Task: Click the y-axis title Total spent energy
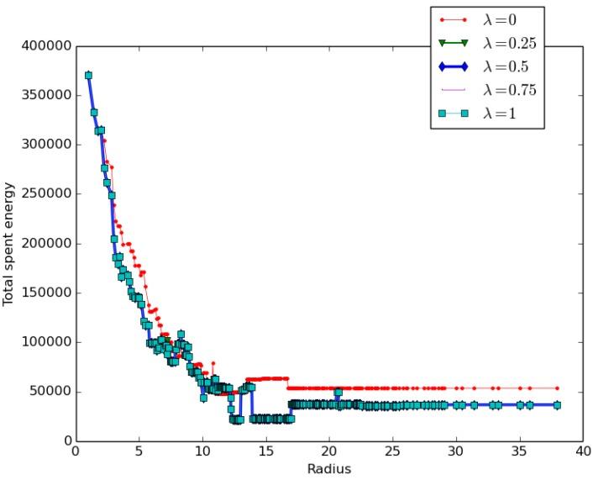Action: (x=9, y=244)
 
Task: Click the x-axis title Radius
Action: (x=328, y=468)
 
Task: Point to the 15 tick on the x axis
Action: (x=265, y=451)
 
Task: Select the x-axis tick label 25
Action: (x=392, y=451)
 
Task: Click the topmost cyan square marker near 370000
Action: (x=88, y=76)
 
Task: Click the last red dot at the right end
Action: (x=557, y=388)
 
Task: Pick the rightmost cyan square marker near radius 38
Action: (x=557, y=405)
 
